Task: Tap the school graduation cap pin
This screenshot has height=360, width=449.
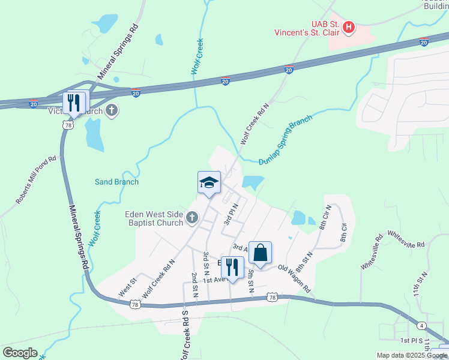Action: click(x=209, y=182)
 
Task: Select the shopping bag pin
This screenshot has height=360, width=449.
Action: click(x=260, y=253)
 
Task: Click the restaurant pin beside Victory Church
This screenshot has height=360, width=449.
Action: click(x=74, y=103)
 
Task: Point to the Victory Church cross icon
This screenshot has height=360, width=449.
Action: click(x=112, y=110)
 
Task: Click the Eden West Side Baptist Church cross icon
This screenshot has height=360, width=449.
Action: click(x=192, y=217)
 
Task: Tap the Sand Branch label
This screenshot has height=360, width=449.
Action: click(x=116, y=182)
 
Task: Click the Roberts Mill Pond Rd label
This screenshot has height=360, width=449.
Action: click(x=35, y=180)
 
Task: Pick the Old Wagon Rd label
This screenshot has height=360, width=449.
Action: click(x=294, y=279)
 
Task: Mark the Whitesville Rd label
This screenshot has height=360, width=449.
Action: click(x=406, y=239)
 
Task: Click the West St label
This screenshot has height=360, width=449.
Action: click(x=127, y=286)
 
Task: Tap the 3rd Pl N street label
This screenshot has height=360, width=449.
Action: click(x=231, y=214)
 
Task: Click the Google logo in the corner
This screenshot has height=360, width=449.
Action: click(x=20, y=353)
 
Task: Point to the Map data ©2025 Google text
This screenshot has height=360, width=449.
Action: click(x=412, y=355)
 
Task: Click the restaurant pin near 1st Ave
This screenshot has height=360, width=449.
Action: click(x=232, y=268)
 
